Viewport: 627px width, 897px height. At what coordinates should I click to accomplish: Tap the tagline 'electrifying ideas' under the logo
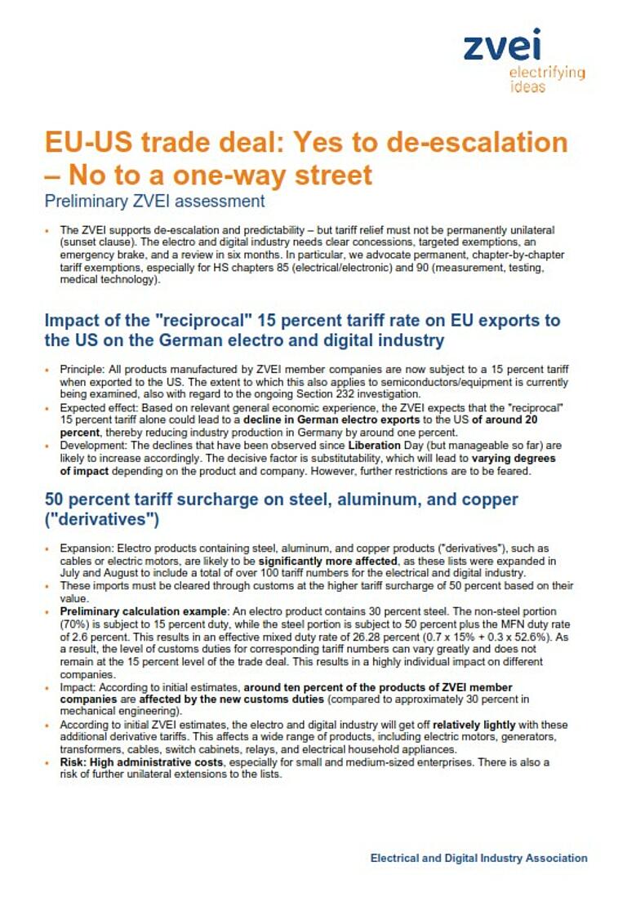(546, 79)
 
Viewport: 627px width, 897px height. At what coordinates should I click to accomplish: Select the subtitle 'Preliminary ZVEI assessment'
(154, 200)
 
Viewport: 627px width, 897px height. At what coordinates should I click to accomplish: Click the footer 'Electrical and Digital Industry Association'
(478, 858)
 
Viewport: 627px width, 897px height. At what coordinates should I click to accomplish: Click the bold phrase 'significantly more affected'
(327, 562)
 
